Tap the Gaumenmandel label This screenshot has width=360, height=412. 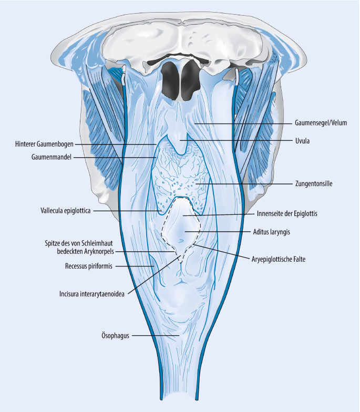[x=48, y=157]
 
